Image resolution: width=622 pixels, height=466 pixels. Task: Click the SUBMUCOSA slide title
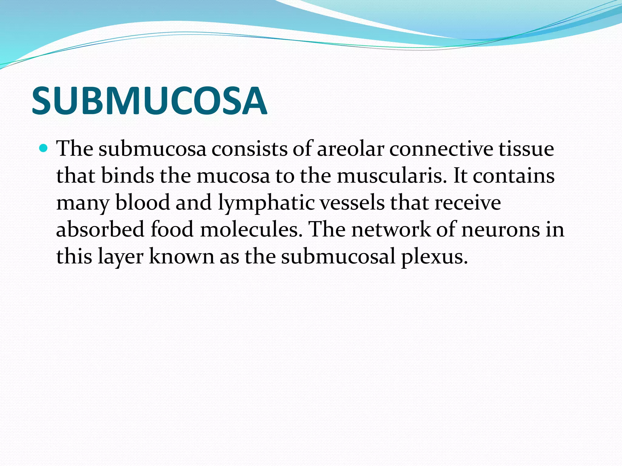(149, 101)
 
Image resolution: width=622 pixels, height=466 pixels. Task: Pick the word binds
(128, 176)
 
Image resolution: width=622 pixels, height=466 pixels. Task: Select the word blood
(143, 202)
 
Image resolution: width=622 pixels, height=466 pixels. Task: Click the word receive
(468, 202)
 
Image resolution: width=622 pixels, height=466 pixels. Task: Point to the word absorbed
(100, 229)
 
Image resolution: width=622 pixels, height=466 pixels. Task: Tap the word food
(172, 229)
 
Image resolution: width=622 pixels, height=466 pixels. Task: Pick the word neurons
(501, 229)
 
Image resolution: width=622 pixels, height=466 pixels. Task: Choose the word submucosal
(338, 256)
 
